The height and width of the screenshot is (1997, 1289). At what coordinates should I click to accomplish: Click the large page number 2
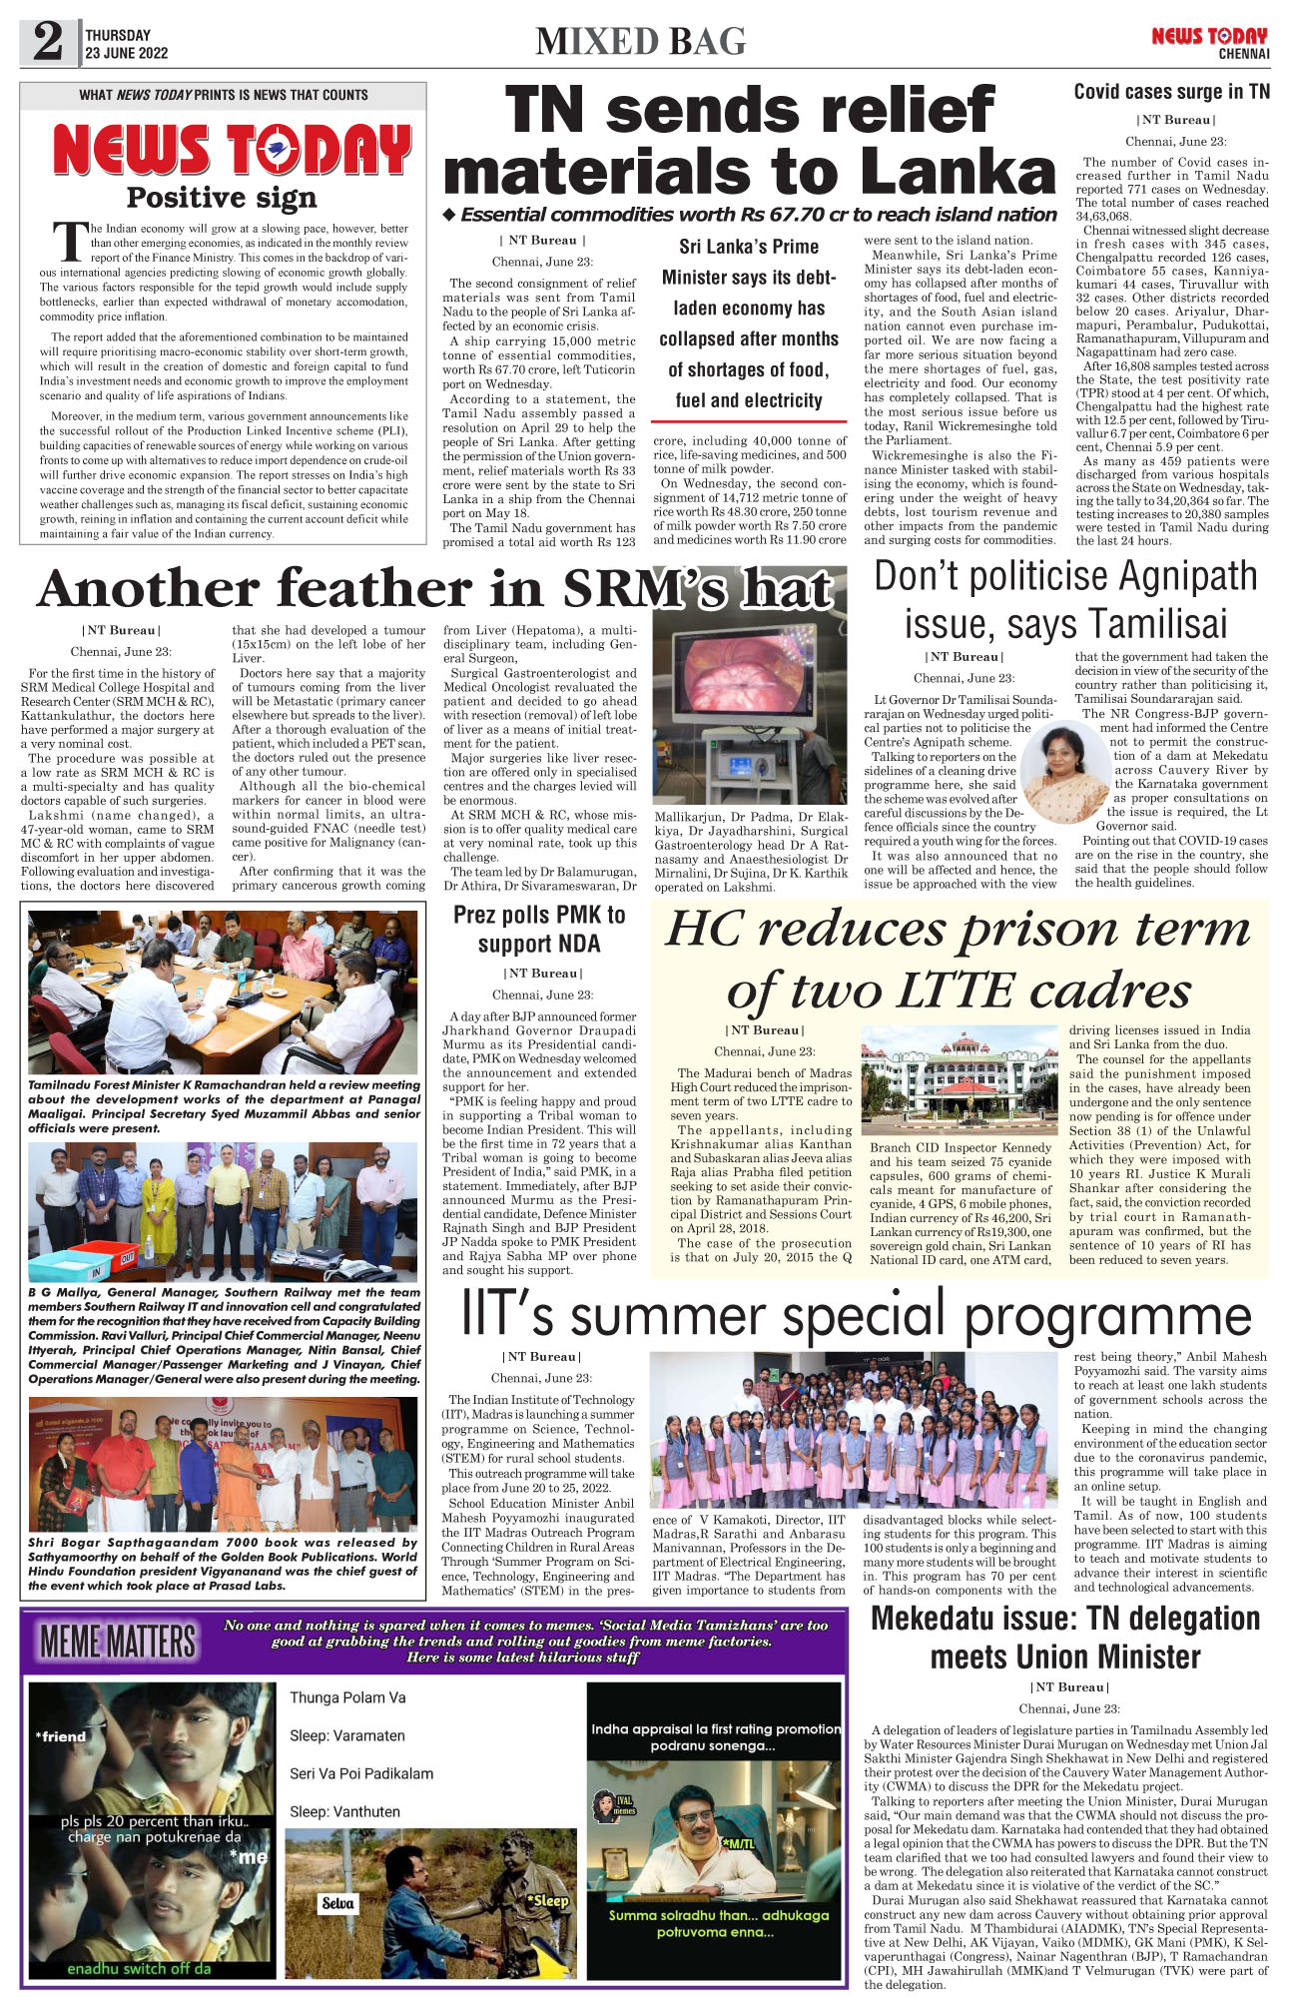point(48,42)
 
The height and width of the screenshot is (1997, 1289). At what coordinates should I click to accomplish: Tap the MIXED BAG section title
point(641,41)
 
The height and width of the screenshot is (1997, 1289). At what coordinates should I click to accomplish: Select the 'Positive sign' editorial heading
point(222,198)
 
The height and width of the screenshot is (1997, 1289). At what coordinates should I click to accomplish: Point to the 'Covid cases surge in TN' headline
point(1171,92)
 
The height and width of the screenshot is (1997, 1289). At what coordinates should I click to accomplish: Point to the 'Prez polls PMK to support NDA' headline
point(539,929)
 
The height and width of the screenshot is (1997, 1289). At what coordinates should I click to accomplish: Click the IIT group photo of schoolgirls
point(853,1430)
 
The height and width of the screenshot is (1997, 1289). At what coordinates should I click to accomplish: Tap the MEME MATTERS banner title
point(118,1643)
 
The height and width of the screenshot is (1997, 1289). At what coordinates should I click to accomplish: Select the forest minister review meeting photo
point(223,991)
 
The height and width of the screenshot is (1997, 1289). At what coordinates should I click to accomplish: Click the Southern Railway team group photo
point(223,1211)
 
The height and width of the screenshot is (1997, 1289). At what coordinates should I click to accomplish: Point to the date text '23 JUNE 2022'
point(126,54)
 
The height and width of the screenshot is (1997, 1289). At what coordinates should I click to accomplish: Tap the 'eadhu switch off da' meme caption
point(139,1968)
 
